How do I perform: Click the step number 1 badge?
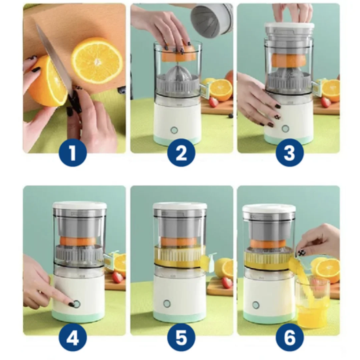[x=73, y=153]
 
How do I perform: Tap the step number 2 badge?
[x=181, y=153]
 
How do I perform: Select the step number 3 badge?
[x=289, y=153]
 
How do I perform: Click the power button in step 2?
[x=174, y=130]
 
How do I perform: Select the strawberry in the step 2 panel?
[x=214, y=102]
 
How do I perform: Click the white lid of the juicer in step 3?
[x=289, y=27]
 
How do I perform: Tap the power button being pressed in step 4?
[x=77, y=304]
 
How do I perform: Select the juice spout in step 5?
[x=208, y=262]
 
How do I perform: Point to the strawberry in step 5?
[x=227, y=283]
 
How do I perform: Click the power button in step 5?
[x=167, y=304]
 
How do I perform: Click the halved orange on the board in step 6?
[x=327, y=269]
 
